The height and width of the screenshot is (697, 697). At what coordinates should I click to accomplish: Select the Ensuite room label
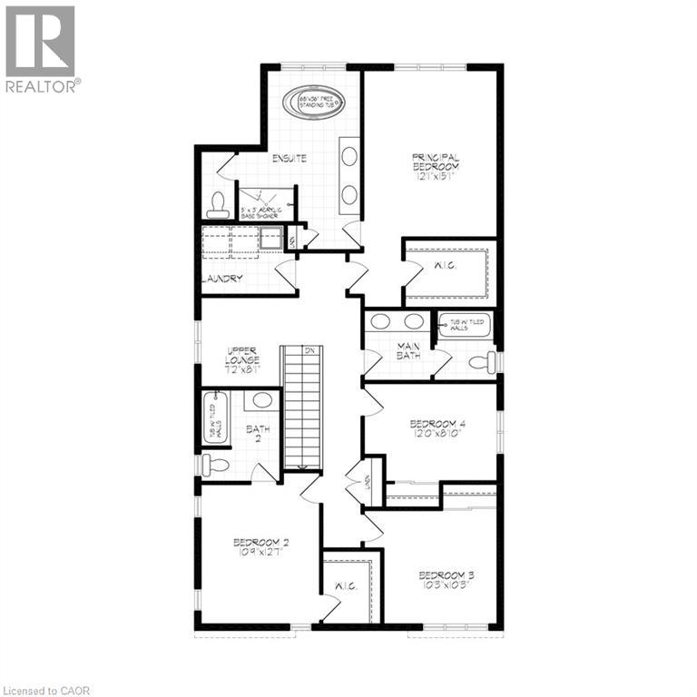tap(289, 159)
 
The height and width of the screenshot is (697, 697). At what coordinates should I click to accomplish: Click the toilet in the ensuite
tap(217, 205)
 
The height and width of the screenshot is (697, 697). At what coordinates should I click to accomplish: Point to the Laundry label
tap(223, 279)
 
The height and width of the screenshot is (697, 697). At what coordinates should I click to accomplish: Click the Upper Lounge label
tap(242, 359)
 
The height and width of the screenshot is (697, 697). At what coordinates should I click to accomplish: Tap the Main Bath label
tap(408, 348)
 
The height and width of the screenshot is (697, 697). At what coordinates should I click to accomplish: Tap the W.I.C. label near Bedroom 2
tap(348, 586)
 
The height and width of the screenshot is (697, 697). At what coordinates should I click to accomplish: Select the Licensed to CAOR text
tap(46, 691)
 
